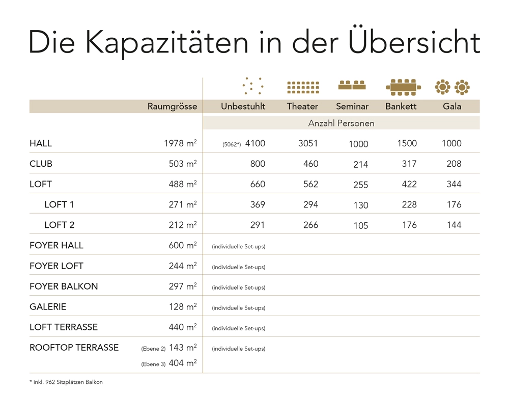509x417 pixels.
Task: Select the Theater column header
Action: click(302, 107)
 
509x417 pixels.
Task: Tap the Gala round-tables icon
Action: click(452, 87)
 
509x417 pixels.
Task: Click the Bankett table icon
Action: click(403, 87)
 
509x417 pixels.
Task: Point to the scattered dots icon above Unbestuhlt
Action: click(253, 86)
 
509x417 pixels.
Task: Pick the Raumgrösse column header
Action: click(172, 107)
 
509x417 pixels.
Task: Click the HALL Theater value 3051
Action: click(308, 144)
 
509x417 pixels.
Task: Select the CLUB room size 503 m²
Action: click(182, 164)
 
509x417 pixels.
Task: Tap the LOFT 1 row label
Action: click(59, 205)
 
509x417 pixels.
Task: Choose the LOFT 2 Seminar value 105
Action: click(360, 226)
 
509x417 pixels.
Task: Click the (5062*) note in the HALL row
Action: click(232, 145)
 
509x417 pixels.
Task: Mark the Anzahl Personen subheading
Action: click(341, 123)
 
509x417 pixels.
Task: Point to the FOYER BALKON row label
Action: click(64, 286)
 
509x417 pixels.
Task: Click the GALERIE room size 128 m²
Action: click(182, 307)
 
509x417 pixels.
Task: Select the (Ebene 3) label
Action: click(153, 364)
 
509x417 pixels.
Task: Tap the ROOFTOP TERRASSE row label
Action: click(74, 348)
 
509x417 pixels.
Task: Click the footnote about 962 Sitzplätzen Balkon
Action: click(66, 382)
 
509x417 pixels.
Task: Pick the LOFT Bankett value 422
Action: click(409, 185)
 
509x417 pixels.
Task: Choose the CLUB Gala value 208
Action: click(454, 164)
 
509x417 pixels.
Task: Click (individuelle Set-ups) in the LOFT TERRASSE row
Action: click(238, 328)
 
